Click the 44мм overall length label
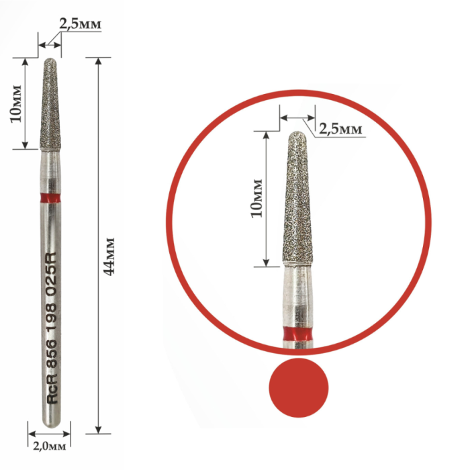point(109,256)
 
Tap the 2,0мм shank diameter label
point(50,446)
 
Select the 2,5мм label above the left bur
point(80,23)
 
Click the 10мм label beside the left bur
point(16,103)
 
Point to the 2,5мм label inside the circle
point(340,129)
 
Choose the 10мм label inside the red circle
point(256,198)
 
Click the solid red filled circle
point(299,387)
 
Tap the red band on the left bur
point(50,198)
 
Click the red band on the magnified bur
point(297,334)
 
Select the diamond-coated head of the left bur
point(50,103)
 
